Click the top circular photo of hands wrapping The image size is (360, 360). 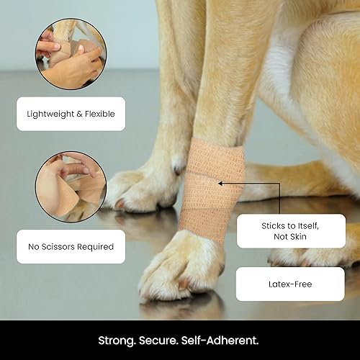71,53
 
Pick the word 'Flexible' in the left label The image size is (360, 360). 98,113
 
